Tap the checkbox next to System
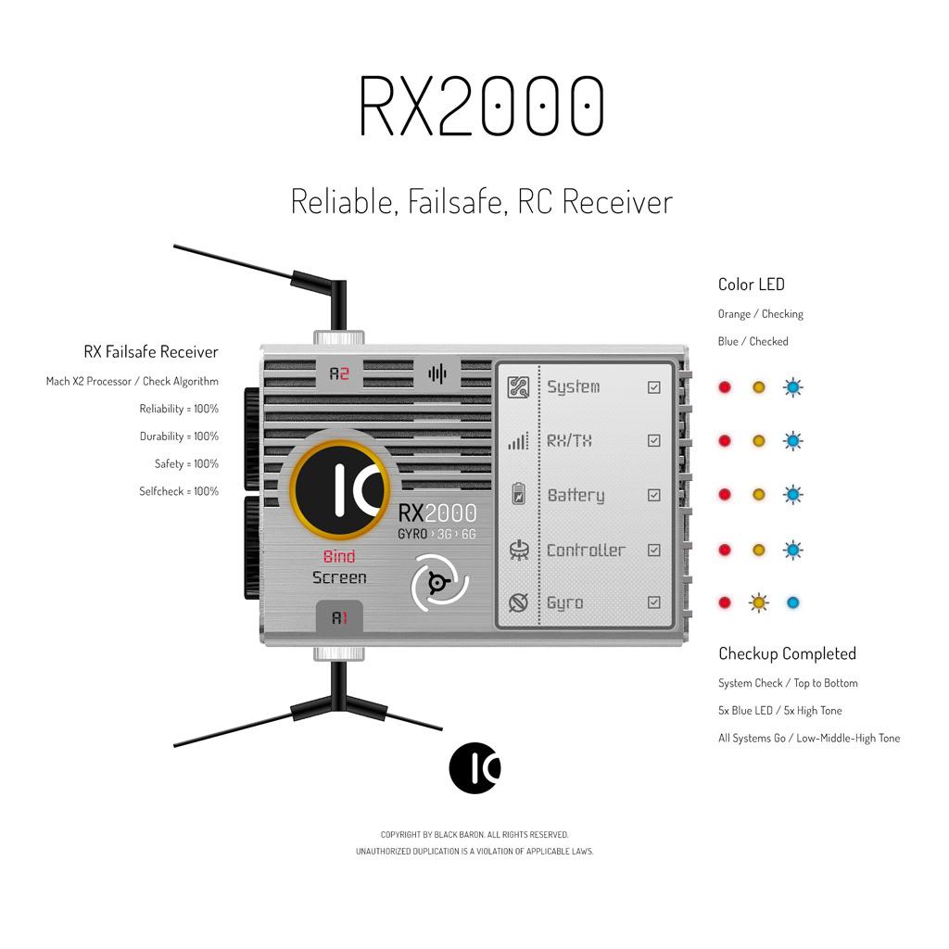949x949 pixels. coord(654,387)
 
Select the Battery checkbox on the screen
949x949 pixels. coord(654,495)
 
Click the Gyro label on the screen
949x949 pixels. coord(564,603)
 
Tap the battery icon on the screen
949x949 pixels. coord(518,495)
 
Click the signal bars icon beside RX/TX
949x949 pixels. coord(518,442)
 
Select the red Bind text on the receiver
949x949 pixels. coord(339,557)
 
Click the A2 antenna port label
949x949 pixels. coord(339,374)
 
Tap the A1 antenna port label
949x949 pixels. coord(339,618)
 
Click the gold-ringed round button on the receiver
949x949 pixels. coord(339,490)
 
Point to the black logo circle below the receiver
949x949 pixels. coord(474,768)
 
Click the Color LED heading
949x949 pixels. coord(751,285)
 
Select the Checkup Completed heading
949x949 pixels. coord(787,653)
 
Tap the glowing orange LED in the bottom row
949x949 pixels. coord(759,603)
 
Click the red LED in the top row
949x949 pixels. coord(725,387)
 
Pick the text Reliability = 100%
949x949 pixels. coord(179,409)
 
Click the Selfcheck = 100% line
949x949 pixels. coord(179,491)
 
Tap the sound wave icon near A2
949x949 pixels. coord(437,374)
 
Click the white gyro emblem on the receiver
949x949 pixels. coord(440,582)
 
